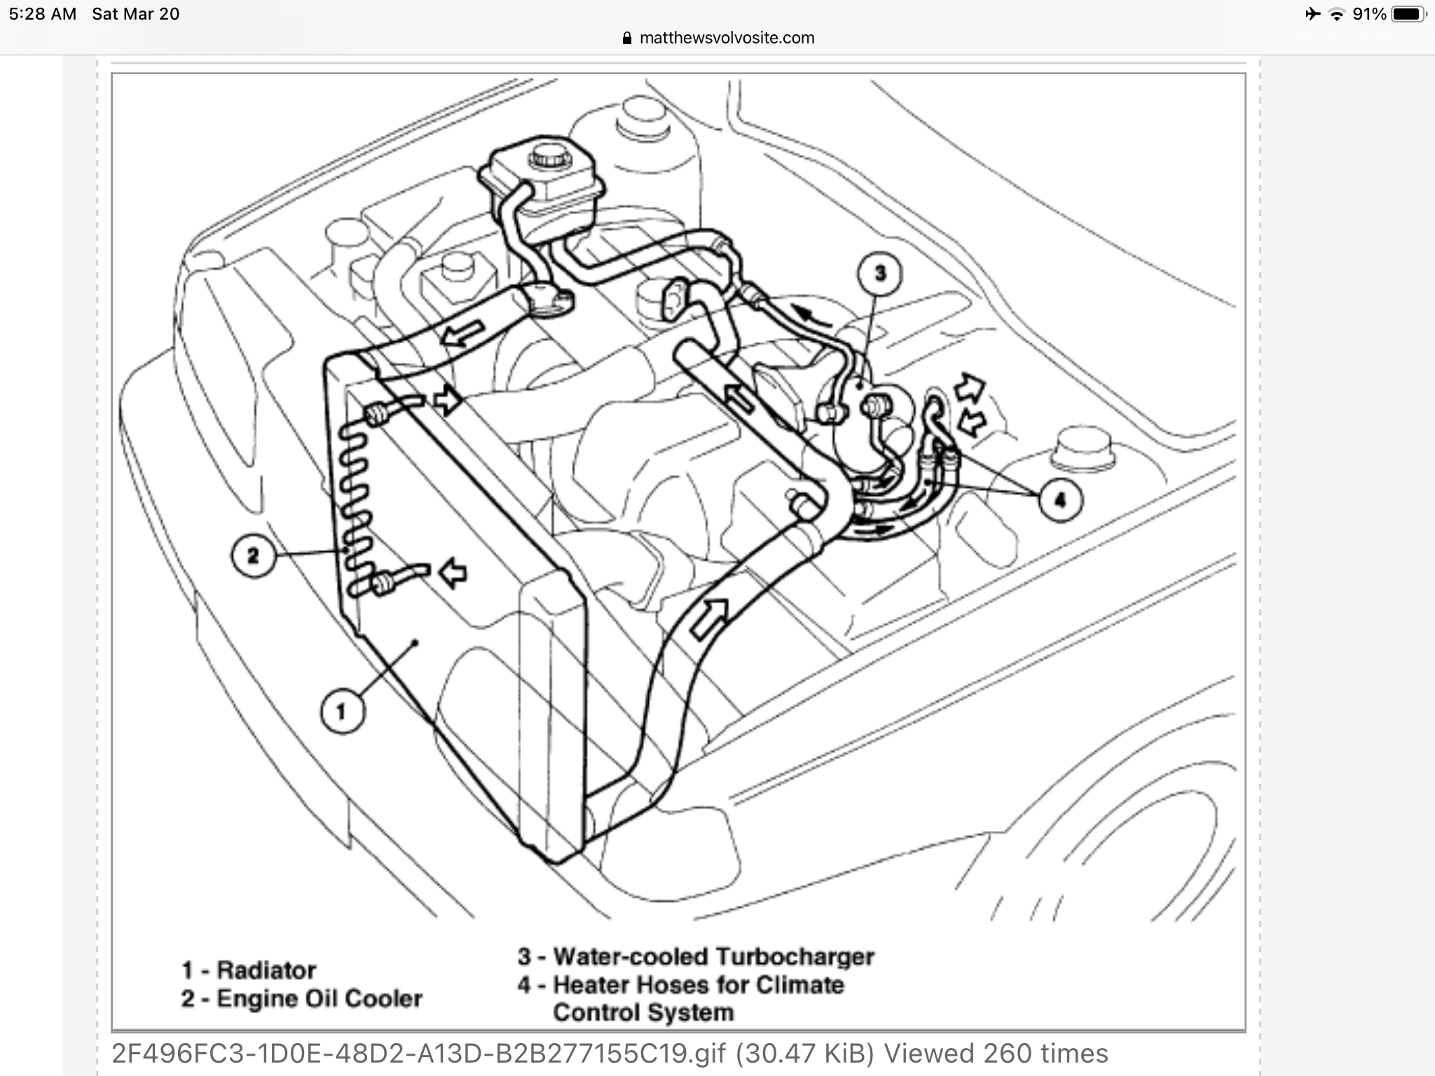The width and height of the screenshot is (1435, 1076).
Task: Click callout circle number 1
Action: point(341,712)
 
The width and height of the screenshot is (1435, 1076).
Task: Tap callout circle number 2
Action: point(253,556)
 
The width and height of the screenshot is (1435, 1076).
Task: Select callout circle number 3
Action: point(880,273)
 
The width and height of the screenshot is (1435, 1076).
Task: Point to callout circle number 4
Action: point(1060,499)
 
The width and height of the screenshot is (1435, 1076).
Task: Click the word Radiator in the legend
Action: point(266,970)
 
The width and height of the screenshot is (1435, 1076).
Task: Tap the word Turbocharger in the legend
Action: point(795,956)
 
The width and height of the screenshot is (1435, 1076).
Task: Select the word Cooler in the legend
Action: point(383,998)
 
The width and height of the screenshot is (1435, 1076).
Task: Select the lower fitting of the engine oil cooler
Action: point(384,583)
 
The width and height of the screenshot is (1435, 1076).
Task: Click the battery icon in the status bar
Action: point(1408,14)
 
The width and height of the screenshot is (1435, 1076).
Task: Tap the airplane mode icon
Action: point(1312,14)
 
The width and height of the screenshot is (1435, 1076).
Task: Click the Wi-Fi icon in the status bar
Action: point(1337,14)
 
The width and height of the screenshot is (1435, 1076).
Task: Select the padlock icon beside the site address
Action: point(627,38)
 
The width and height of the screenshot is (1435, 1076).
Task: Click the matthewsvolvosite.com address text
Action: point(727,38)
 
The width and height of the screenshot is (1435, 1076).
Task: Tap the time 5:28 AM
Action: point(43,14)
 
